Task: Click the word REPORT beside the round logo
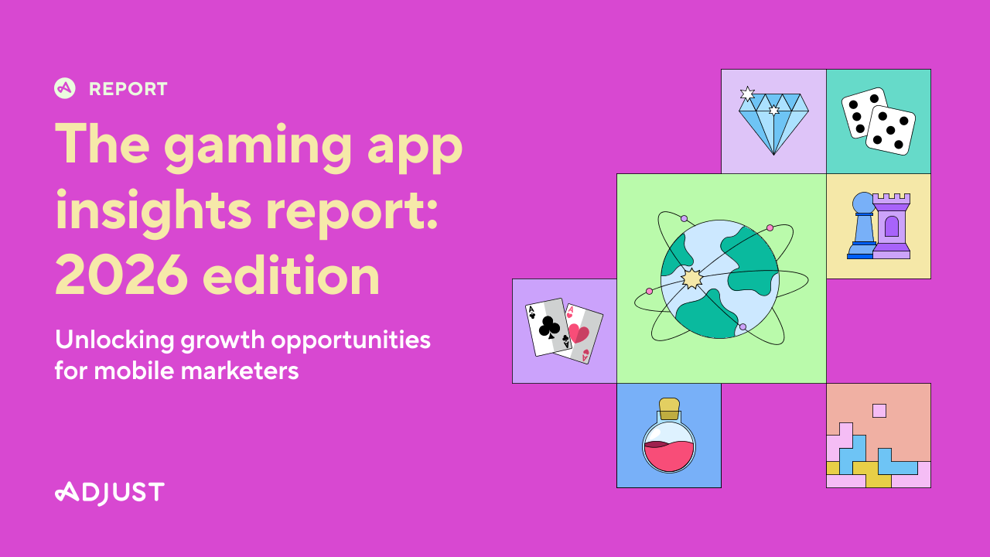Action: pyautogui.click(x=128, y=89)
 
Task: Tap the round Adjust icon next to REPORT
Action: pyautogui.click(x=65, y=88)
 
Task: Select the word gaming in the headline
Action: pyautogui.click(x=258, y=147)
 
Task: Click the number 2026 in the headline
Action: pyautogui.click(x=121, y=276)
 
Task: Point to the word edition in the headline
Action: pyautogui.click(x=292, y=275)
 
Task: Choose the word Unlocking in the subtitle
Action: pyautogui.click(x=115, y=341)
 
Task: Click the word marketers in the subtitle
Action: pyautogui.click(x=240, y=371)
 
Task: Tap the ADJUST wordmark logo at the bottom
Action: pyautogui.click(x=110, y=494)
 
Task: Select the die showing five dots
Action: pyautogui.click(x=890, y=130)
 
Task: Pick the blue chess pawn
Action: pyautogui.click(x=862, y=225)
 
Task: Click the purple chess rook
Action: pyautogui.click(x=891, y=226)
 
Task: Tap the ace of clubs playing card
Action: pyautogui.click(x=548, y=326)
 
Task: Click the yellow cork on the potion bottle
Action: pyautogui.click(x=669, y=408)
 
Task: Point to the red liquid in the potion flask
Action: pyautogui.click(x=669, y=456)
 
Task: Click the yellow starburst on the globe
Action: pyautogui.click(x=691, y=278)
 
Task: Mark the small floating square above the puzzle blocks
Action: pyautogui.click(x=879, y=411)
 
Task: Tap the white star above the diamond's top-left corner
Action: pyautogui.click(x=747, y=94)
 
